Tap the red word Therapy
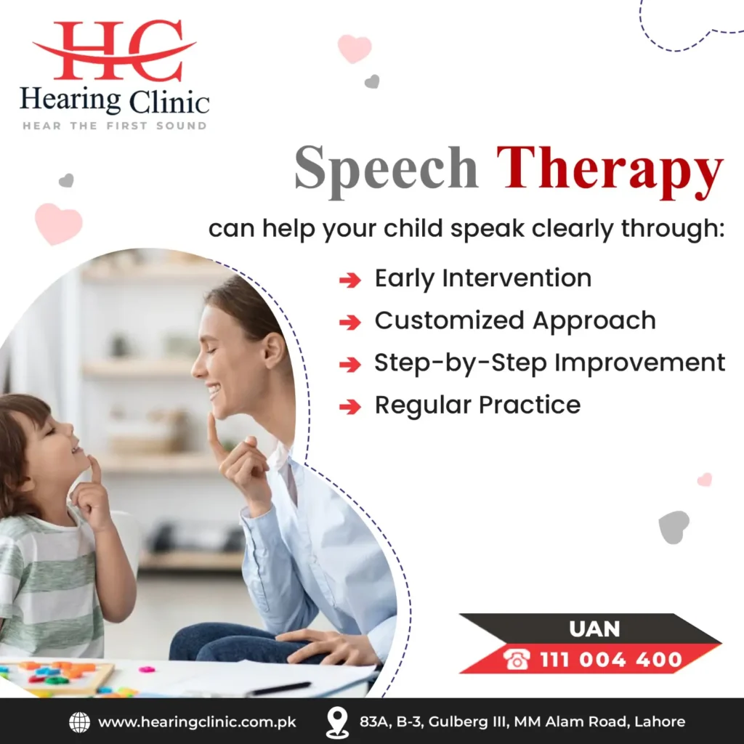pos(610,170)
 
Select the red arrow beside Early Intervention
pos(350,280)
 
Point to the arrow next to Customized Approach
pos(350,323)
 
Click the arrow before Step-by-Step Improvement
pos(350,365)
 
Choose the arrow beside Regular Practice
pos(350,407)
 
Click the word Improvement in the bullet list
pos(639,363)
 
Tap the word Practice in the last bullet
pos(530,405)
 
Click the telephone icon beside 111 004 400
pos(517,659)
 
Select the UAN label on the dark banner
pos(594,629)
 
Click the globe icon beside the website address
pos(79,722)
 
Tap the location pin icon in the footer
pos(337,722)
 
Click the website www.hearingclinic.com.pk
pos(197,722)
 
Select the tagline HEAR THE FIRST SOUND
pos(115,126)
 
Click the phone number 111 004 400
pos(610,659)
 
